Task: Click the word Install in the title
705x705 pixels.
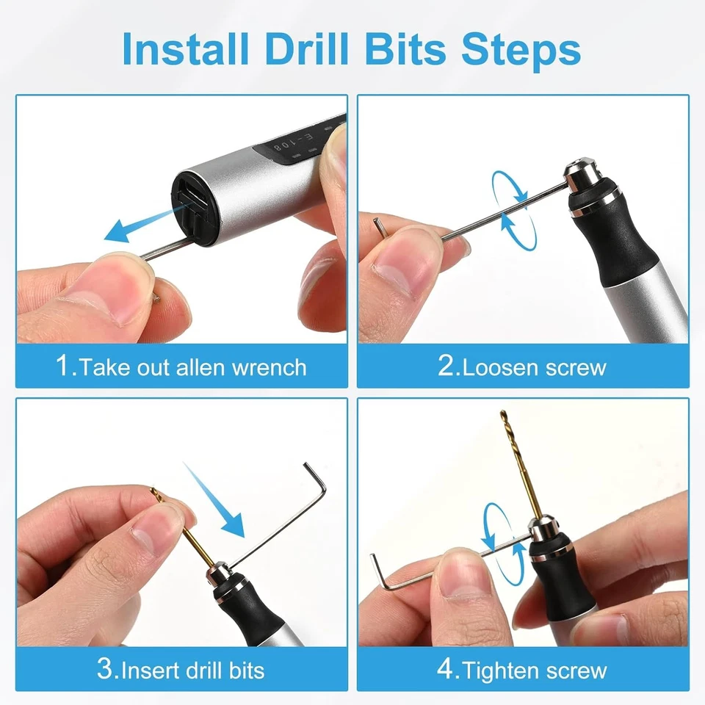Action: click(x=185, y=49)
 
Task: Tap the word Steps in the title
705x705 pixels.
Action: click(x=521, y=49)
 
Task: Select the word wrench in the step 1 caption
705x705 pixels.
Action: click(x=269, y=368)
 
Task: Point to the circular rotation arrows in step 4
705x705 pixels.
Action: click(x=503, y=544)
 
